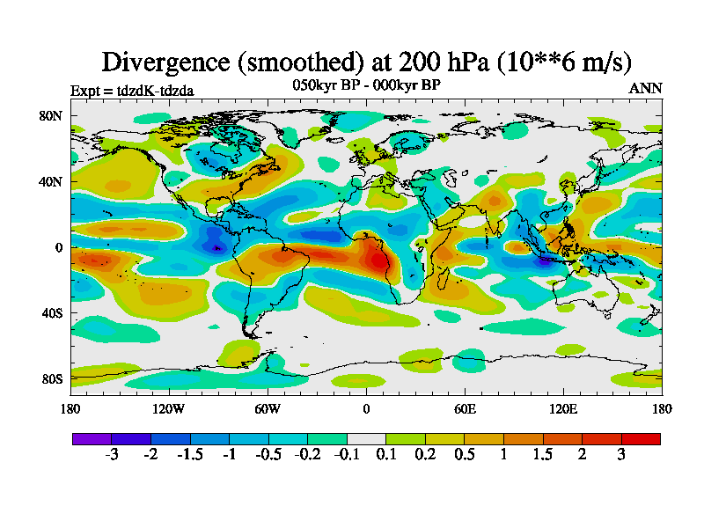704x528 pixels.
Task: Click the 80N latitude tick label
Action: (51, 115)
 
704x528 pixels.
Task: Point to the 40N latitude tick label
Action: (51, 181)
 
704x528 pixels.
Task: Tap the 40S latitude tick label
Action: (51, 312)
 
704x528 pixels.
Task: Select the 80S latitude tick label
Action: (51, 378)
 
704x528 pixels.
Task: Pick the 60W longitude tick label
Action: (268, 408)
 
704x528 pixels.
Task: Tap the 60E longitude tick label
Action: (465, 408)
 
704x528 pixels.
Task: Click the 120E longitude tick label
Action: (563, 408)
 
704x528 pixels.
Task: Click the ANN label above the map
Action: (645, 88)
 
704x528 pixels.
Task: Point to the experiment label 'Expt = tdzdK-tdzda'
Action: (132, 90)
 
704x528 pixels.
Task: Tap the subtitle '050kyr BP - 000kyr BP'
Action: (365, 85)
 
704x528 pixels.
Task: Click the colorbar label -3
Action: (112, 455)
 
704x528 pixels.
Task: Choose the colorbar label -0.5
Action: (268, 455)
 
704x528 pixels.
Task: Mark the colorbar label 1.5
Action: (543, 455)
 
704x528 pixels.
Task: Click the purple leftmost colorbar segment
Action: (92, 437)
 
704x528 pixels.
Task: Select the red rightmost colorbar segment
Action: (641, 437)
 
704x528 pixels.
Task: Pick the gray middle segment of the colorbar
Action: (366, 437)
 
